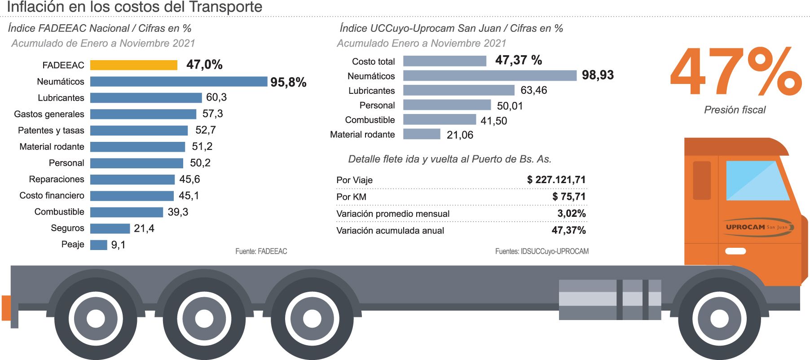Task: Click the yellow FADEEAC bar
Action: coord(133,65)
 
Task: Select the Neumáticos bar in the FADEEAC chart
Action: coord(178,82)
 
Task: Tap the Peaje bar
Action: coord(98,245)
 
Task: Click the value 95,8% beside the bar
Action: coord(288,83)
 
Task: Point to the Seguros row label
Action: coord(67,228)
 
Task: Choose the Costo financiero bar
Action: coord(132,196)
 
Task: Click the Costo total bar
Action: coord(445,61)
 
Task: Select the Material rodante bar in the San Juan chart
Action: coord(421,134)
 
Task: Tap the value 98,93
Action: coord(598,75)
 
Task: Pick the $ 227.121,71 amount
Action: coord(556,180)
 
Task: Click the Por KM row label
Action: coord(351,197)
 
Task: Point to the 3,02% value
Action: coord(571,214)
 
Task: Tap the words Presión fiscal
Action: coord(735,110)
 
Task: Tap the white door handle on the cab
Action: coord(735,251)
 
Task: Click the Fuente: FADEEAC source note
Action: coord(261,251)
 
